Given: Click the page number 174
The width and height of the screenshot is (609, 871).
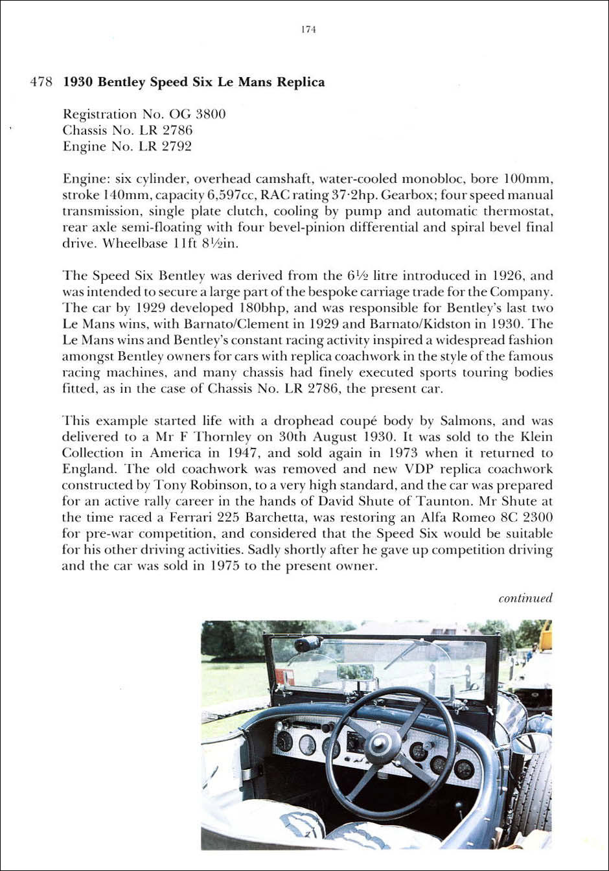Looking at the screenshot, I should [x=308, y=30].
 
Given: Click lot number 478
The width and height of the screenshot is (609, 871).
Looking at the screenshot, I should [x=41, y=83].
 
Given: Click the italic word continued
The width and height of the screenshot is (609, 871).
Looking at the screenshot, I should [x=525, y=598].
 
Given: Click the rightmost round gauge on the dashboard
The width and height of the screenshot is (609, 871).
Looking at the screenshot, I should [x=464, y=769].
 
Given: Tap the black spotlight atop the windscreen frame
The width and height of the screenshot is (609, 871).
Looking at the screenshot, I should [x=308, y=644].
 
